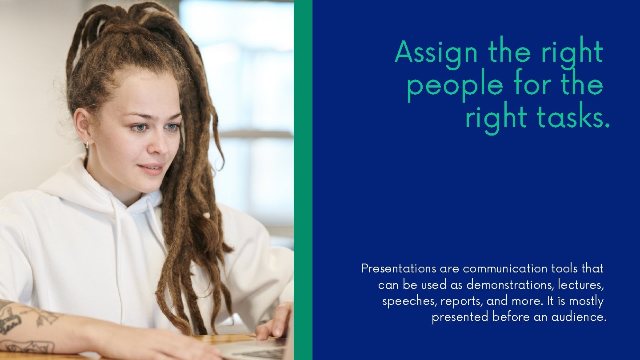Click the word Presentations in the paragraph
point(399,269)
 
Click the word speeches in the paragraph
point(409,301)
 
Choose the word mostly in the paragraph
point(586,302)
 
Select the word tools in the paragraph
point(564,269)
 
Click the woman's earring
point(87,144)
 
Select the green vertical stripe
point(303,180)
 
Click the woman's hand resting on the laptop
point(276,322)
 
